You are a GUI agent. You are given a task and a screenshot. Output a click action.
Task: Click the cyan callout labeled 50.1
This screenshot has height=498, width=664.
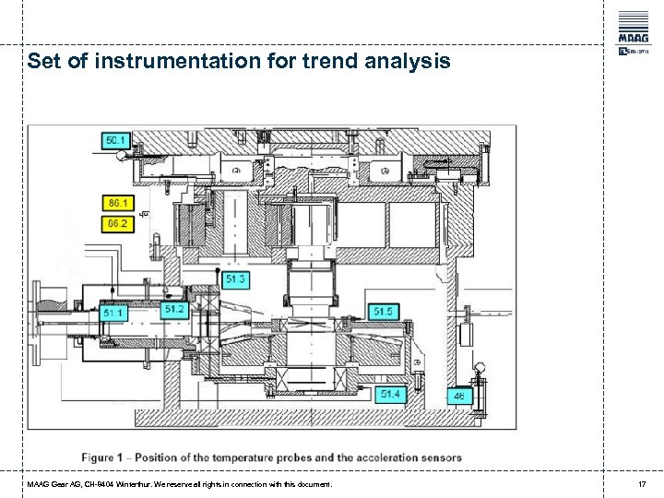(115, 140)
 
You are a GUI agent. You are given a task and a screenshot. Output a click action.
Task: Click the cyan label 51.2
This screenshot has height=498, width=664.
(174, 309)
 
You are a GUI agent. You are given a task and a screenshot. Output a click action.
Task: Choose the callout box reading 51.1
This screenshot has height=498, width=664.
(114, 314)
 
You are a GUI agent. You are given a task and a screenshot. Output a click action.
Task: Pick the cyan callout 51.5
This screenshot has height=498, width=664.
(383, 312)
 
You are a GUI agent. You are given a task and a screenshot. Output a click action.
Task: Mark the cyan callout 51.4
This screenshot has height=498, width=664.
(392, 394)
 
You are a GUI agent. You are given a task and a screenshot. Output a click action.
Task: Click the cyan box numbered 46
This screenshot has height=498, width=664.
(458, 397)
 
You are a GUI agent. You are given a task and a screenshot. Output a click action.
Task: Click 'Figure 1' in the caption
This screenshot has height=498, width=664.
(106, 456)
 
